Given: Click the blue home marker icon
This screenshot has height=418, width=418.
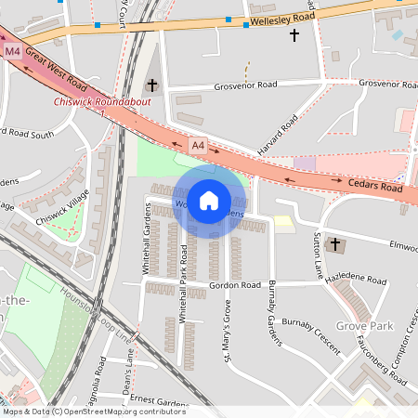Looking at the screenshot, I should point(209,200).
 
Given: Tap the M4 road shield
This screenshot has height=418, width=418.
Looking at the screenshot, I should point(12,50).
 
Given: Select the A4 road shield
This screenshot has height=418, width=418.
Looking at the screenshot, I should point(198,145).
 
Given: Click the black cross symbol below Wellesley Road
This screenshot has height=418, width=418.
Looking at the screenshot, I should point(295,35).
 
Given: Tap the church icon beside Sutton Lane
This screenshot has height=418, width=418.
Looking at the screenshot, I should point(336,246).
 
